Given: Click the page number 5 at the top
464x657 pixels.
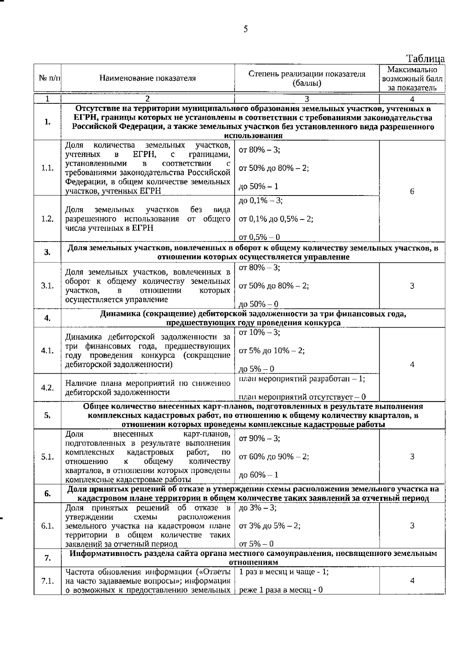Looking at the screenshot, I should click(246, 29).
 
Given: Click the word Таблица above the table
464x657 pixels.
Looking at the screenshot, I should click(425, 58).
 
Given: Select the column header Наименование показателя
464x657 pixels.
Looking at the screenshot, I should click(147, 78).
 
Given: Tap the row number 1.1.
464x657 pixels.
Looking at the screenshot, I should click(47, 168).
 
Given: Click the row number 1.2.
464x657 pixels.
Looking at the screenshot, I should click(47, 219).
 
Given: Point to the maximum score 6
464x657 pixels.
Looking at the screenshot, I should click(412, 192).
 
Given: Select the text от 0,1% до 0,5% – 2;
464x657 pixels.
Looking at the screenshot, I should click(276, 219).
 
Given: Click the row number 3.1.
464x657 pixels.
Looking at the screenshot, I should click(47, 286).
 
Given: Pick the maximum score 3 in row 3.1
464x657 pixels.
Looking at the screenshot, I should click(412, 286).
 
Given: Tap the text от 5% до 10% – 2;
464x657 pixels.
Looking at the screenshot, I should click(272, 351).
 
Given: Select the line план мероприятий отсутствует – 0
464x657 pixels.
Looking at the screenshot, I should click(302, 397).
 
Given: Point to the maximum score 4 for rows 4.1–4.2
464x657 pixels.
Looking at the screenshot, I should click(412, 364).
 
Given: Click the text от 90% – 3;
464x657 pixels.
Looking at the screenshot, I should click(260, 438).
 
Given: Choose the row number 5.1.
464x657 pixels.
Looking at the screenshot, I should click(47, 457).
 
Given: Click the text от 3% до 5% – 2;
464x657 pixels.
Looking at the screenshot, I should click(270, 525).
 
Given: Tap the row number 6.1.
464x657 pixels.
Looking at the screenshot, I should click(47, 526).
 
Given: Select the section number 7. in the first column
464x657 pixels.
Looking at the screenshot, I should click(47, 558).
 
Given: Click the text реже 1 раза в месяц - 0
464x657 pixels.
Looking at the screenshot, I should click(281, 590).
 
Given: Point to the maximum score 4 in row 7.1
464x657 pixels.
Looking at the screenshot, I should click(412, 581).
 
